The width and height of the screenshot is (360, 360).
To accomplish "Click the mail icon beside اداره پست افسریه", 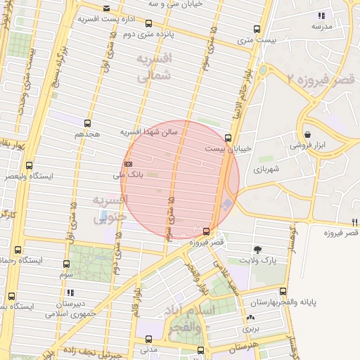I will [106, 8].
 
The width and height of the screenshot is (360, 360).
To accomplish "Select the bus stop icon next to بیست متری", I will [257, 30].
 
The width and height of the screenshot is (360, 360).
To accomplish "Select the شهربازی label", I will [267, 169].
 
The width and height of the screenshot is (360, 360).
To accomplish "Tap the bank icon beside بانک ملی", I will [127, 163].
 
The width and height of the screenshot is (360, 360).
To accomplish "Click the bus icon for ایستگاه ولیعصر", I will [29, 166].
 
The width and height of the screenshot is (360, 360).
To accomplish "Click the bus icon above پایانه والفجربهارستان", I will [283, 292].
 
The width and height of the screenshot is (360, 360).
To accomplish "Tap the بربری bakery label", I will [251, 328].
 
